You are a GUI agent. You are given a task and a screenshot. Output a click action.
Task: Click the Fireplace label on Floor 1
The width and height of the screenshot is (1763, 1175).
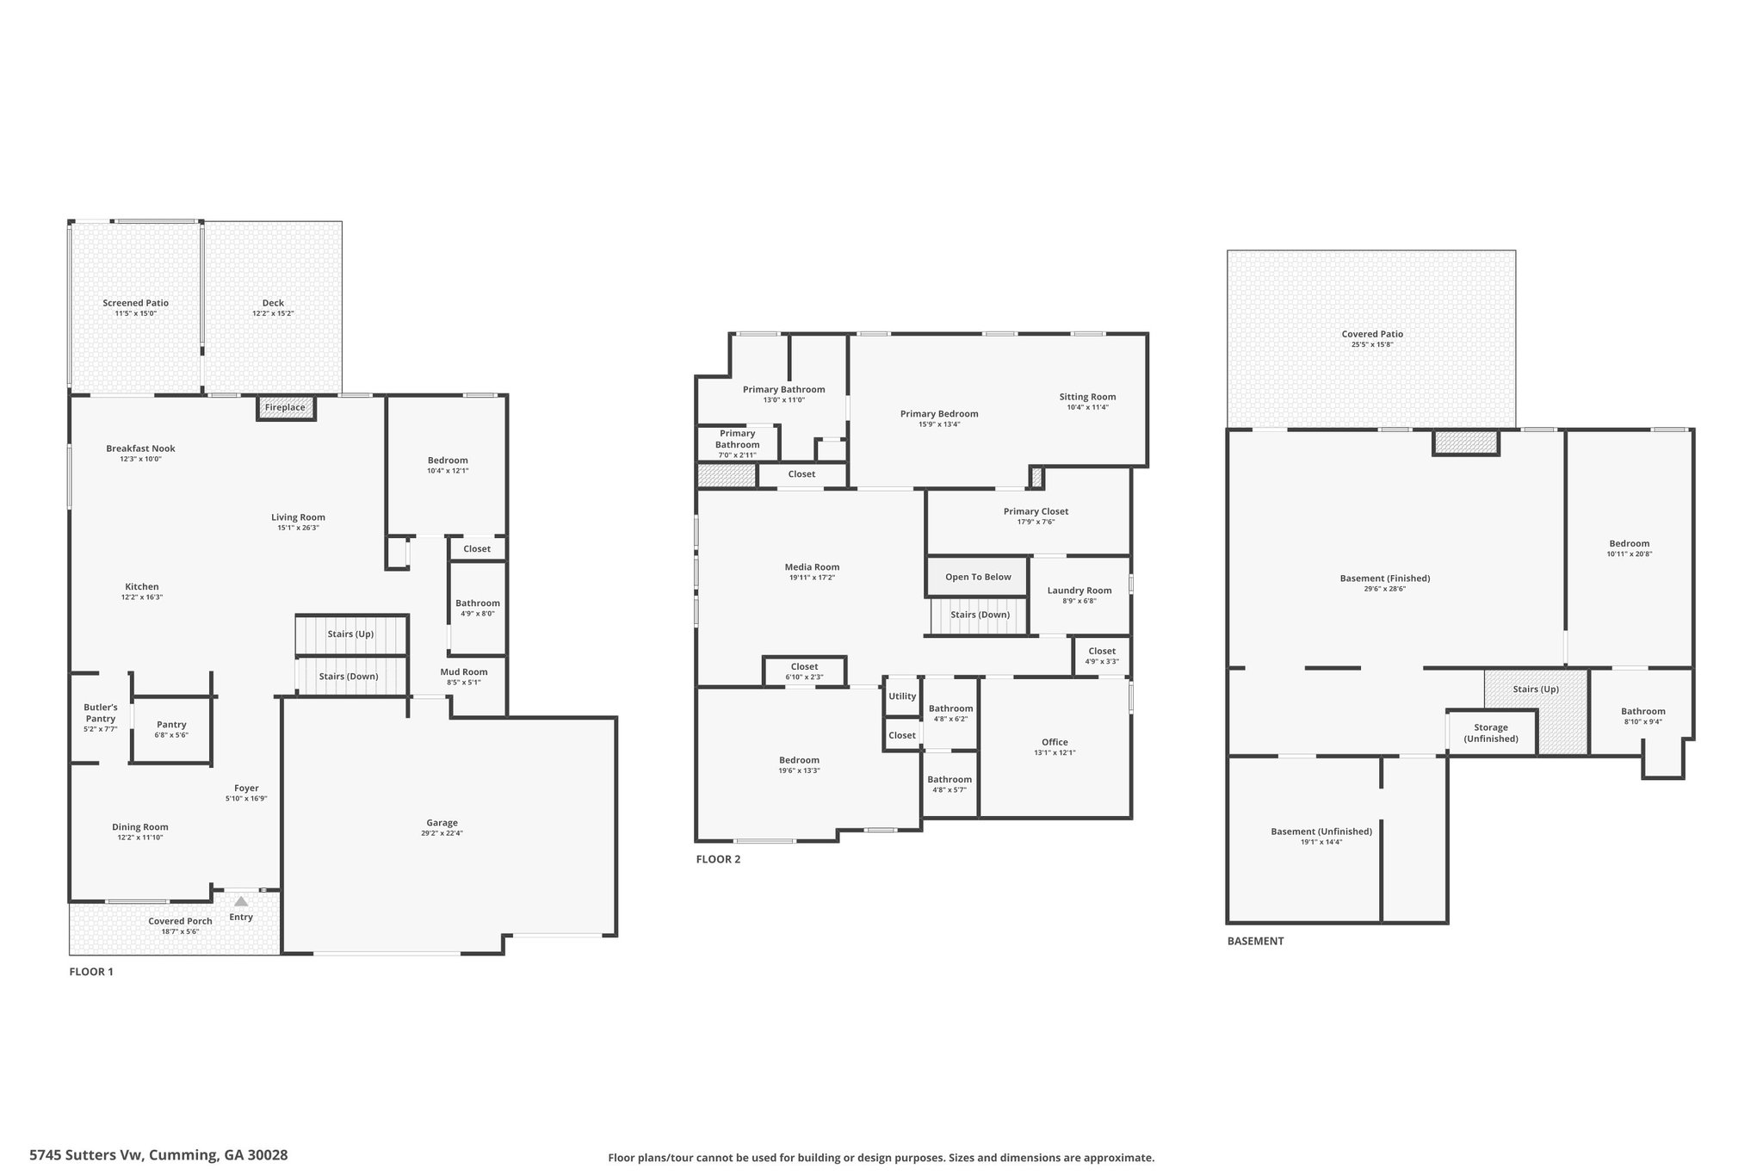click(285, 407)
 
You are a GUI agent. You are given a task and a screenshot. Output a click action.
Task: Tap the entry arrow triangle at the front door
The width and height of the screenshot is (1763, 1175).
click(241, 901)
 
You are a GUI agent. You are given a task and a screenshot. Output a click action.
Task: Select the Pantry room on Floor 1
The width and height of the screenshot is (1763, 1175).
click(171, 729)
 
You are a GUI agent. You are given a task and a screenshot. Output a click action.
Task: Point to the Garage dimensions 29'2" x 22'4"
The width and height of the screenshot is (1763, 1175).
click(442, 833)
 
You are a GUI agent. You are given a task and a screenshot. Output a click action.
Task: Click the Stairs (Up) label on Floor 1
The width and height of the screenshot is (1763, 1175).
click(350, 634)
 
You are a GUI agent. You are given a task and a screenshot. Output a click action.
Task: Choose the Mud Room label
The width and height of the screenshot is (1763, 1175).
click(464, 672)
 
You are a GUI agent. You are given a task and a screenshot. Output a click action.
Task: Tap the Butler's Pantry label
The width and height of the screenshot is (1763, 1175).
click(101, 713)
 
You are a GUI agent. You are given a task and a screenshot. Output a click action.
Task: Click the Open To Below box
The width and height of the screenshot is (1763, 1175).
click(978, 577)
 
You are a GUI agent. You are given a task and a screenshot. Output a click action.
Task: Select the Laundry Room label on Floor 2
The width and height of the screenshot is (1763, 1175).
click(1079, 591)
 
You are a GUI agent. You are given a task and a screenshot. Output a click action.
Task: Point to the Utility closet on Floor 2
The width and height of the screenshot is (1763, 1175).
click(902, 696)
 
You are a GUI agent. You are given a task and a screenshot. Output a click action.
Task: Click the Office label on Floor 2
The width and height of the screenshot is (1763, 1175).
click(1055, 742)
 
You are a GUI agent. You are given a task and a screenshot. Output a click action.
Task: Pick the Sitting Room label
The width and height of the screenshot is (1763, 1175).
click(1087, 397)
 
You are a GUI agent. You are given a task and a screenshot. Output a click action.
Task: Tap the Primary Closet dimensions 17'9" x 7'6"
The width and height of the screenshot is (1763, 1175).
click(1036, 522)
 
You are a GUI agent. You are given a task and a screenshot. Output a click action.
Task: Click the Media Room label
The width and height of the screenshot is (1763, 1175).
click(812, 567)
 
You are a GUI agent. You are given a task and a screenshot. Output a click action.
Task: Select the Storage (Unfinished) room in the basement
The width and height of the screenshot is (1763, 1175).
click(1492, 733)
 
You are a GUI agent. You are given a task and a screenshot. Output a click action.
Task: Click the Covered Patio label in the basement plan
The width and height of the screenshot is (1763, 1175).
click(1372, 334)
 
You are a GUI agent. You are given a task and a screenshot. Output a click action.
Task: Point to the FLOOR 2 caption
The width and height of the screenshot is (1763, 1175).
click(718, 859)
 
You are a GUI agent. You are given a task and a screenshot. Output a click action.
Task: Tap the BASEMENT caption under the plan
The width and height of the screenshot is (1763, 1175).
click(1255, 941)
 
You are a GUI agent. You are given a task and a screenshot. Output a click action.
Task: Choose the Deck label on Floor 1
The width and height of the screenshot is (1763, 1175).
click(273, 303)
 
